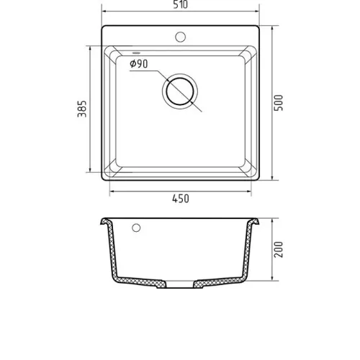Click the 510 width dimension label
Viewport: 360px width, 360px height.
tap(181, 4)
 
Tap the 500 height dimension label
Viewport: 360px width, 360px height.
tap(279, 103)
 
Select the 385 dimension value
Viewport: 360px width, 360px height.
tap(82, 109)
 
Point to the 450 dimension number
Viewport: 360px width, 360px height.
tap(181, 199)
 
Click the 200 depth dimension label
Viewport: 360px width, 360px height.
tap(279, 250)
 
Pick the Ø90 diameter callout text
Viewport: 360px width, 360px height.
tap(139, 64)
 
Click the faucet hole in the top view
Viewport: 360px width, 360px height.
tap(181, 37)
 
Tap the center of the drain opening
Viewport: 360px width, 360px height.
tap(180, 91)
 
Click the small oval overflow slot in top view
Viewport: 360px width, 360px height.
tap(136, 53)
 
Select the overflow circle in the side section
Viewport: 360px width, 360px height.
tap(136, 228)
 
